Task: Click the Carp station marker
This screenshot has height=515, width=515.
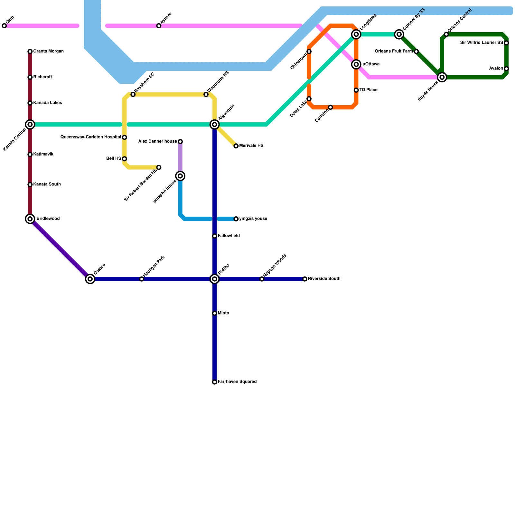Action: coord(4,26)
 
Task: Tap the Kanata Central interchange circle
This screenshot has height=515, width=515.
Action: coord(30,125)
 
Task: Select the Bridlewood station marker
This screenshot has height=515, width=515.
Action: coord(30,219)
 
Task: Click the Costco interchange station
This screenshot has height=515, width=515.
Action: coord(90,279)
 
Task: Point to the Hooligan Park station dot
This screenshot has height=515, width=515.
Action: coord(142,279)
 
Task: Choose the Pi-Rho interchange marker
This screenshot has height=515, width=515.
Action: coord(215,279)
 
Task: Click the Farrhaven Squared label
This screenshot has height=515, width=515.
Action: coord(237,382)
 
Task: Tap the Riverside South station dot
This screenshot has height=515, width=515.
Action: coord(305,279)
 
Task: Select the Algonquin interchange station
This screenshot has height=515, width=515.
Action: coord(215,125)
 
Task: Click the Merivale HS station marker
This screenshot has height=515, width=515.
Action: coord(236,146)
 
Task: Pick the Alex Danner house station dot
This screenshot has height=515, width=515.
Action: coord(180,142)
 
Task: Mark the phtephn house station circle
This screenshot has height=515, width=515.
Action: coord(180,176)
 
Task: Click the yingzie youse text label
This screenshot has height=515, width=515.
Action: coord(253,219)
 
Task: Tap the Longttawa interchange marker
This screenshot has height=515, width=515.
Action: coord(356,34)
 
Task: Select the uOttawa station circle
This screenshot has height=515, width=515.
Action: coord(356,64)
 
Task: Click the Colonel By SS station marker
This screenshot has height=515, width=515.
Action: coord(399,34)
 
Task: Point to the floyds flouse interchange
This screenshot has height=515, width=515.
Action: coord(442,77)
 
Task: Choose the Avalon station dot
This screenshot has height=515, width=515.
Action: coord(506,69)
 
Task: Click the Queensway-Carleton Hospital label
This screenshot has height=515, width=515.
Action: coord(91,137)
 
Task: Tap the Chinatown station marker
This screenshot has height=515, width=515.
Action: coord(309,51)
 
